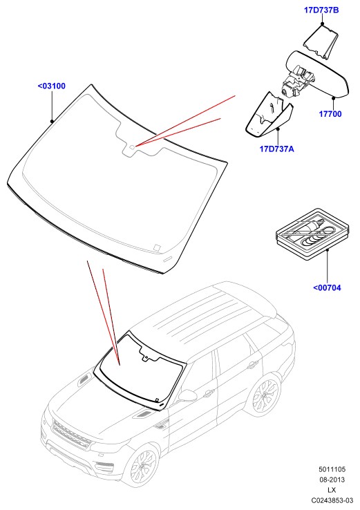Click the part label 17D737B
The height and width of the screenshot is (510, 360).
point(321,10)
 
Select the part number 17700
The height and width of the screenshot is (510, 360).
point(330,114)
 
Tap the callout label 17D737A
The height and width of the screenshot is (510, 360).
point(277,149)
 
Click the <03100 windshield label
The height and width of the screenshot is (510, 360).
point(52,86)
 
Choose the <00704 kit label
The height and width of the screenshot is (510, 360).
point(327,287)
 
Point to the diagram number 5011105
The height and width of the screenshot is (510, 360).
point(332,469)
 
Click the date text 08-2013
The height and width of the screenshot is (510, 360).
point(332,480)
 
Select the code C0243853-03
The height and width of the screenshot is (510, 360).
point(332,500)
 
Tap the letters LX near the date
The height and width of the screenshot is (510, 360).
point(332,490)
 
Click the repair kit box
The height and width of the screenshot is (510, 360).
point(312,234)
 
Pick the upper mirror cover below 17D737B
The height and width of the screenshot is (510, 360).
point(321,43)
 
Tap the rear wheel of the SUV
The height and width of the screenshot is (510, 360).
point(266,395)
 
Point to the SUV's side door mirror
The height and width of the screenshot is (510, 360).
point(188,395)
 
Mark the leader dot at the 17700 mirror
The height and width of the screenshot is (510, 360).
point(333,97)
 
